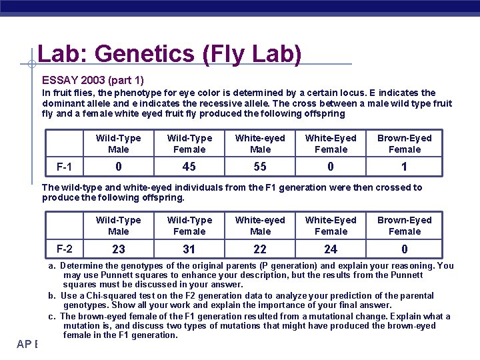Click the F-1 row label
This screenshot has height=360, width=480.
point(65,166)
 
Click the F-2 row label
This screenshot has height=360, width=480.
point(65,249)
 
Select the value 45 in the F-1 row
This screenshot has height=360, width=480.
point(189,167)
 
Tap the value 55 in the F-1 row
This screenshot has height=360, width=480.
point(260,167)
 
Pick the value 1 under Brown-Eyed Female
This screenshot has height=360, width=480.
point(404,167)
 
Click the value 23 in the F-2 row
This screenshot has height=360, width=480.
point(119,249)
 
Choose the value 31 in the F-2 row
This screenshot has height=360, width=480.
point(189,249)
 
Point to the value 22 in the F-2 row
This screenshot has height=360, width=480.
point(260,249)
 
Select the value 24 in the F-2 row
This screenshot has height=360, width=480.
point(331,249)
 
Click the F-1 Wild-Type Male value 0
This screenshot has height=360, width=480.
point(119,167)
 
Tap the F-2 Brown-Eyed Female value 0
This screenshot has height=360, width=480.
point(404,249)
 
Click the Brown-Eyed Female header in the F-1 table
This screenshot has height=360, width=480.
point(404,143)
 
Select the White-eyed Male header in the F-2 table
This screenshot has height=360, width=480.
point(260,225)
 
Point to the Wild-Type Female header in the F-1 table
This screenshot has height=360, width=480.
point(189,143)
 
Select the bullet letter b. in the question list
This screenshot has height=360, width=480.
point(51,295)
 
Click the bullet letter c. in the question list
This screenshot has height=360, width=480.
point(51,316)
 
